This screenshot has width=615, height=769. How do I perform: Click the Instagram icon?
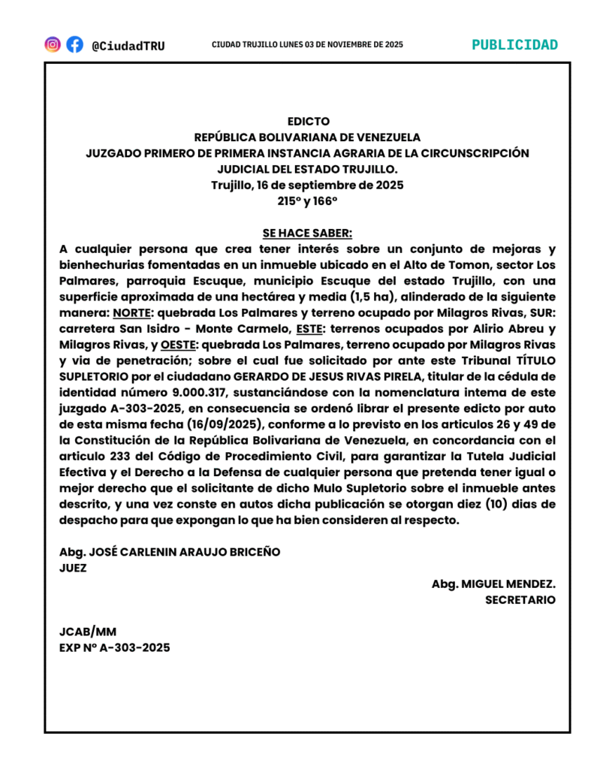pos(53,44)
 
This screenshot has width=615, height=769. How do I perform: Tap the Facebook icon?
pos(74,44)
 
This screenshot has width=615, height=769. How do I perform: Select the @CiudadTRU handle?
pos(128,46)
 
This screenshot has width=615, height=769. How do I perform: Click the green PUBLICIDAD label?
pos(514,44)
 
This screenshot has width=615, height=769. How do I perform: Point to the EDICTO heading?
pos(308,121)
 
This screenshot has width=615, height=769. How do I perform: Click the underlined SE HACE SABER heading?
pos(307,233)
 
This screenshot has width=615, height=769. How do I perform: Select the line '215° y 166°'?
pos(307,201)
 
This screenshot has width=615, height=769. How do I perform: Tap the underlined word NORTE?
pos(131,312)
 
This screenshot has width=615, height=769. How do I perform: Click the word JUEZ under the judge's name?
pos(73,568)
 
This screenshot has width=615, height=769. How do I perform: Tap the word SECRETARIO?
pos(520,599)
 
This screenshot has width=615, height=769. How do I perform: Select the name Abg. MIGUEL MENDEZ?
pos(493,584)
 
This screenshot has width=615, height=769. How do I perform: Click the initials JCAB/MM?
pos(88,632)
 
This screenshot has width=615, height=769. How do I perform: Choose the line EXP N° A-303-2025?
pos(115,647)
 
